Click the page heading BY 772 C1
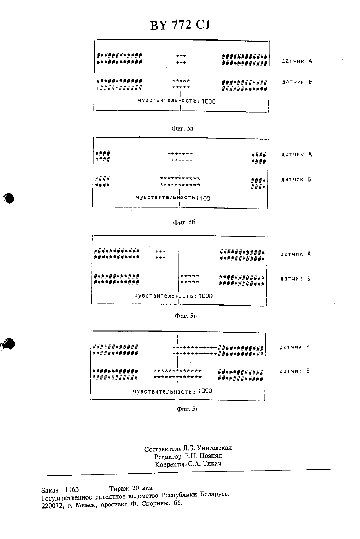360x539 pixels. tap(180, 25)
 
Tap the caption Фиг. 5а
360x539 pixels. tap(182, 129)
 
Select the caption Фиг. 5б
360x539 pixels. tap(184, 222)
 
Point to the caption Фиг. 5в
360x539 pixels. tap(186, 316)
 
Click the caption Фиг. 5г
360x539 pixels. tap(187, 409)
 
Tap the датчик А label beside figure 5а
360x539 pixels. tap(297, 61)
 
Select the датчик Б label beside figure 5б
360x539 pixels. tap(296, 179)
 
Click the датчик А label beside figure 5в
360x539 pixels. tap(296, 254)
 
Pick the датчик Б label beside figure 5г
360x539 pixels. tap(295, 371)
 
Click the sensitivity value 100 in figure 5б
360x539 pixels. tap(205, 198)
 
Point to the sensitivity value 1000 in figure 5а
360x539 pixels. tap(208, 101)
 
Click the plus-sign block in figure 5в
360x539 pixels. tap(160, 255)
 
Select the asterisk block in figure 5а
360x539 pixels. tap(181, 84)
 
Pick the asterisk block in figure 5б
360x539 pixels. tap(180, 182)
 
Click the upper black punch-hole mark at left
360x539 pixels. tap(9, 198)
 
